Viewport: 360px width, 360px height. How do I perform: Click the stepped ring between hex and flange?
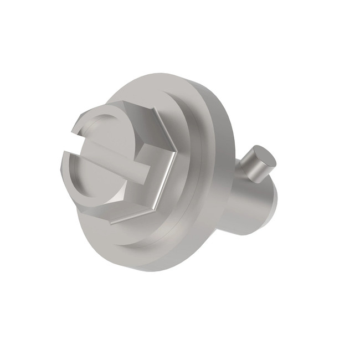click(x=186, y=183)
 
